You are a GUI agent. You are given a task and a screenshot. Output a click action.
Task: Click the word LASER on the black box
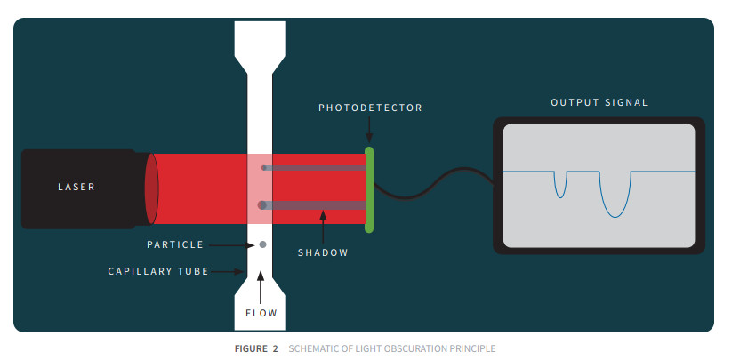coord(76,187)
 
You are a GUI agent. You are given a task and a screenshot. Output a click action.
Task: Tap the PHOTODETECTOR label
coord(370,108)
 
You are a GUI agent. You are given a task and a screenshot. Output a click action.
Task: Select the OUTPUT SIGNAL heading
coord(599,102)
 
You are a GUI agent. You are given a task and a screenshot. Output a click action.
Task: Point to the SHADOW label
coord(323,252)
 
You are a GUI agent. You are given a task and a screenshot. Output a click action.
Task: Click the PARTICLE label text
coord(175,244)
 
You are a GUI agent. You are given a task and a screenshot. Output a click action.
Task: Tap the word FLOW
coord(261,313)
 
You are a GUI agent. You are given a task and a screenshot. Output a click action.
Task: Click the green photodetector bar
coord(369,189)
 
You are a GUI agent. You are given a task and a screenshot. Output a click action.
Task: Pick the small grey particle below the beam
coord(262,244)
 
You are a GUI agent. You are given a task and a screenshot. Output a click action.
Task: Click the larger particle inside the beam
coord(262,205)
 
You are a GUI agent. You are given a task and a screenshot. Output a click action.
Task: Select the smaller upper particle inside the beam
coord(263,167)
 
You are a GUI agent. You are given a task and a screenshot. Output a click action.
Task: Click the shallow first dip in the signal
coord(559,184)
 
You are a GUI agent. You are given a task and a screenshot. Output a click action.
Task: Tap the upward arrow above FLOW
coord(261,289)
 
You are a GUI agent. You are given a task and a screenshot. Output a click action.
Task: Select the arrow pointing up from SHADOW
coord(323,228)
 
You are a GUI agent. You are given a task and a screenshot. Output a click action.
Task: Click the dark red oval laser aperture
coord(152,188)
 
